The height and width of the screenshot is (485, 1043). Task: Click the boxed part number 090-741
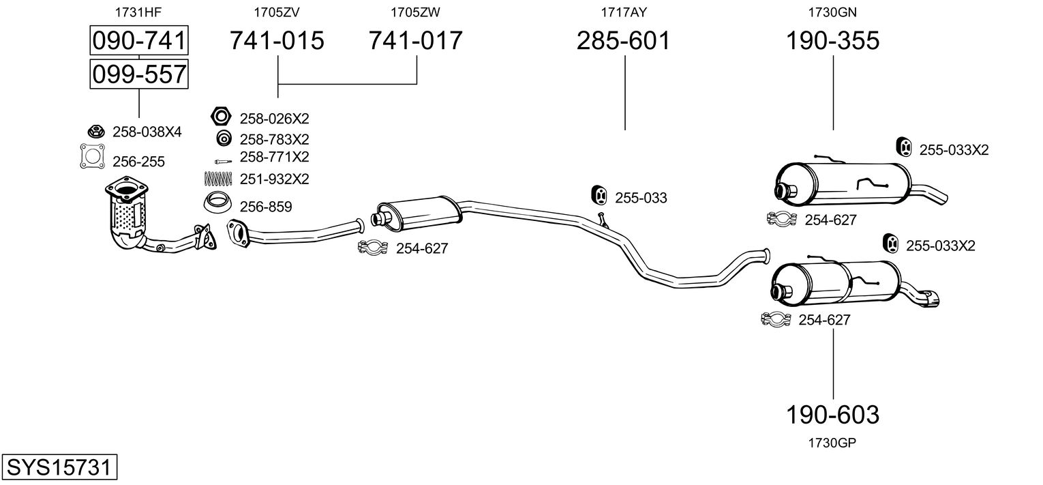139,40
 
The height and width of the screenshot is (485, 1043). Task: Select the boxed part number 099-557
139,74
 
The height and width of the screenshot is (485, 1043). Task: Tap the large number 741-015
277,40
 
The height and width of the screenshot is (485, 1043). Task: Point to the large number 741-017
416,40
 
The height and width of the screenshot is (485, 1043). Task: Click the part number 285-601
624,40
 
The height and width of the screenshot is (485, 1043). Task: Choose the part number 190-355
832,40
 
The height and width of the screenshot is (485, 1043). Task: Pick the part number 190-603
832,414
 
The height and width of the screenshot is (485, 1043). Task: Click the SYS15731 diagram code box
59,467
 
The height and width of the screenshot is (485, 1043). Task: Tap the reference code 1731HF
138,12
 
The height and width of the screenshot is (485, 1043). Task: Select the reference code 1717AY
624,12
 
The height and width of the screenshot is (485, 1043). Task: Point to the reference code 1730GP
832,443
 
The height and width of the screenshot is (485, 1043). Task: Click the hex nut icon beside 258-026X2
221,117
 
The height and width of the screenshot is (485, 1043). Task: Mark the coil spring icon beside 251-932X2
218,179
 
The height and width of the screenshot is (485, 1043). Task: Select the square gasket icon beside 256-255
92,156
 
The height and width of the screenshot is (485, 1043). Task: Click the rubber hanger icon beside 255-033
599,195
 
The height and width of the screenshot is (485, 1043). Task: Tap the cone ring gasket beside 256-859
218,202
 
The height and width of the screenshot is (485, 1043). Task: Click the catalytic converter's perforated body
127,217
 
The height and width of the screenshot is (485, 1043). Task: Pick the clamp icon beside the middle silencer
372,248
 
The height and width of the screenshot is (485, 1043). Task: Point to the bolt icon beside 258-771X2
223,162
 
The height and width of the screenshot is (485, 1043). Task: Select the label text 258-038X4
147,132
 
